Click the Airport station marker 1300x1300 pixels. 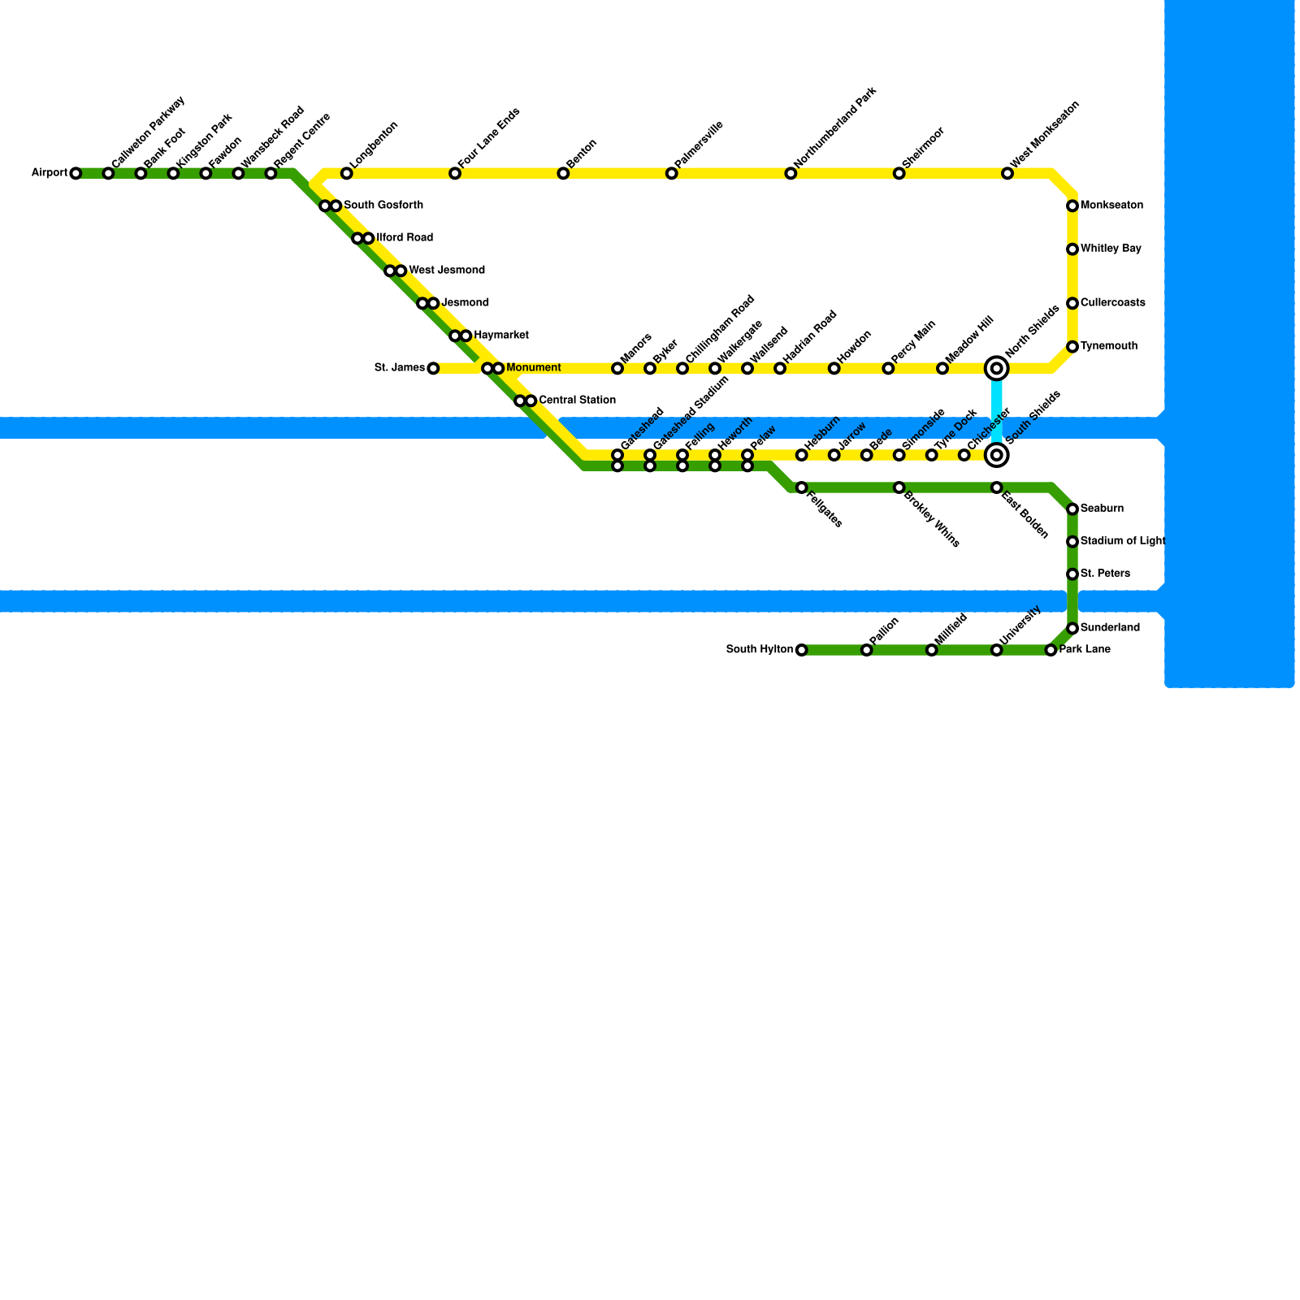point(76,173)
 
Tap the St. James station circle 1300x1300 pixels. point(433,368)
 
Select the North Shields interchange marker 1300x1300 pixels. point(997,368)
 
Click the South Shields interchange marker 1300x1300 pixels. point(997,455)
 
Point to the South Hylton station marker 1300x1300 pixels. point(802,650)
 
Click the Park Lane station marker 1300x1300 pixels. point(1051,650)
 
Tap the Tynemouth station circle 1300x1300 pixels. point(1072,347)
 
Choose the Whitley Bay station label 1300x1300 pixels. point(1111,249)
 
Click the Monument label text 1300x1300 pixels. point(533,368)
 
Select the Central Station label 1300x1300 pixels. point(577,401)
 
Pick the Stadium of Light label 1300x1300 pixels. point(1122,541)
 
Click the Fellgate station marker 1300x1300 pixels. point(802,487)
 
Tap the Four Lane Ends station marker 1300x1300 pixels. point(455,173)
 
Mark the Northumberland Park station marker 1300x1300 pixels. point(791,173)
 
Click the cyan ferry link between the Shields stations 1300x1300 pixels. point(997,411)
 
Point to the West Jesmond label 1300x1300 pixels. point(446,271)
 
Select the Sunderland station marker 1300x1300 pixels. point(1072,628)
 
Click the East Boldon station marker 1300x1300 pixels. point(997,487)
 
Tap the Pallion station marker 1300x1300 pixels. point(867,650)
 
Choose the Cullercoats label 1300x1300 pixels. point(1112,303)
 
